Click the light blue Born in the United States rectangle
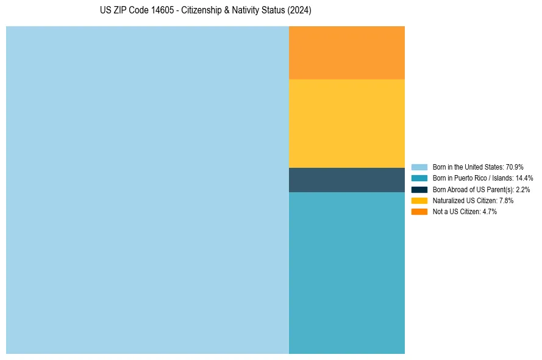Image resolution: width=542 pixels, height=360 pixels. (x=147, y=190)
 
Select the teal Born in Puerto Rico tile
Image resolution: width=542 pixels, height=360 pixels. (x=346, y=273)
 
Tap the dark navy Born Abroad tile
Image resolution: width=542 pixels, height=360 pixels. (x=346, y=179)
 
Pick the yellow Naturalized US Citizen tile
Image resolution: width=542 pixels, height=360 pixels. (x=346, y=123)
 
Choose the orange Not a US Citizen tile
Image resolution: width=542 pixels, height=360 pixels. (x=346, y=52)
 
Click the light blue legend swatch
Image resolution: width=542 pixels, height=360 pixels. (x=419, y=167)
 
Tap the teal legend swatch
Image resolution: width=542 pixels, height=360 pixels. (x=419, y=178)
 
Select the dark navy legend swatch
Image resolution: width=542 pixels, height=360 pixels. (x=419, y=189)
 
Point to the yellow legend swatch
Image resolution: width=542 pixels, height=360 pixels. (x=419, y=200)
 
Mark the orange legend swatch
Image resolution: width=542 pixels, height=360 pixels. (x=419, y=212)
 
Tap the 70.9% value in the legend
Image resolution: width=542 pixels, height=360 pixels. (x=515, y=167)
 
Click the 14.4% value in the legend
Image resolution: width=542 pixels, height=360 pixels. (x=524, y=178)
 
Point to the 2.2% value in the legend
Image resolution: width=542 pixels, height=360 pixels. (x=522, y=190)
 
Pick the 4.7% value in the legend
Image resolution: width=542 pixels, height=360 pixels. (x=490, y=212)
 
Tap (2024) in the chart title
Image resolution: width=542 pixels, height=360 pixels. (x=300, y=10)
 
